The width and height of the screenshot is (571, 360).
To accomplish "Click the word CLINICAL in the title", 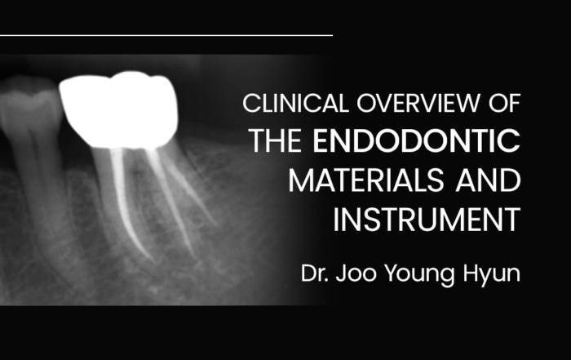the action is (x=295, y=103).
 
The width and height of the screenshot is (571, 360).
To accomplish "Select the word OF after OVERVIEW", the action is (x=504, y=103).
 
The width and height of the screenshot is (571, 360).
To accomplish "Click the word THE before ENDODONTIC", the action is (x=276, y=140).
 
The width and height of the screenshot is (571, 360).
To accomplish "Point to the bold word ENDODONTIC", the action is (x=417, y=140).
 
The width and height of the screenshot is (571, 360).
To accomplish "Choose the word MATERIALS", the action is (x=366, y=180).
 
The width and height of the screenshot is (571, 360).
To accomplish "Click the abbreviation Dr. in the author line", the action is (x=315, y=273).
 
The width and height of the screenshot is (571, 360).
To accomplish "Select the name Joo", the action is (x=356, y=273).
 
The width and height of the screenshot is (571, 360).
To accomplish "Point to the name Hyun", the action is (x=492, y=275).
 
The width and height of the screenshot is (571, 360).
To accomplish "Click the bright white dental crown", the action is (x=119, y=109).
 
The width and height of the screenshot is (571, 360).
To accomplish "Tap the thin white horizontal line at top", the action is (x=166, y=35).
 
